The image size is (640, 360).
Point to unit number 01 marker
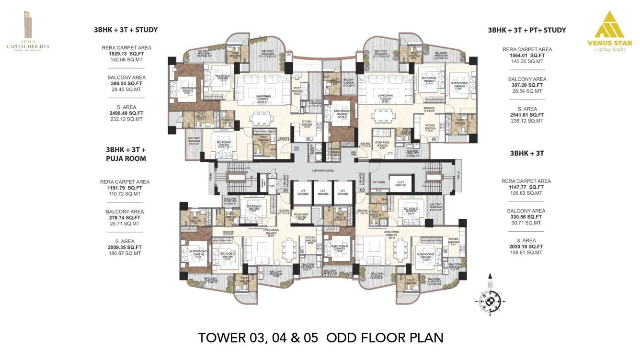coord(297,149)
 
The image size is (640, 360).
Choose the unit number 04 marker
coord(285,190)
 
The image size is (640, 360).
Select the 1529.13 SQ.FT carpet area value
coord(126,54)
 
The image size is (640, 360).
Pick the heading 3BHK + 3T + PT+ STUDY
coord(527,30)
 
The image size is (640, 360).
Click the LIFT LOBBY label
coord(379,182)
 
